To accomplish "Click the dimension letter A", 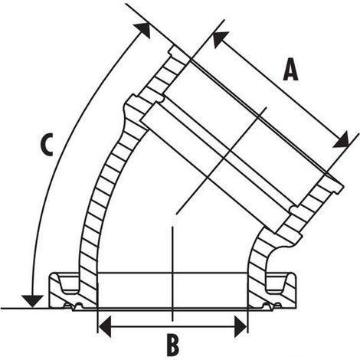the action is point(290,70).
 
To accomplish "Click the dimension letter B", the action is point(173,345).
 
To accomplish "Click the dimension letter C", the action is point(47,145).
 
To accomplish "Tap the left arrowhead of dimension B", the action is point(105,326).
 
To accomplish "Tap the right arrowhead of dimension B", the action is point(241,326).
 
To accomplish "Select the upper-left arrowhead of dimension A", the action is point(220,38).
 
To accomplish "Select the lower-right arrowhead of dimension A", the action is point(342,140).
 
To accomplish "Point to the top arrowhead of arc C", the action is point(142,30).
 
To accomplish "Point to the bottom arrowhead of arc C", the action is point(32,301).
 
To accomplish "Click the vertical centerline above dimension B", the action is point(172,273).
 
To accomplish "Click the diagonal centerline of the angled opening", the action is point(221,160).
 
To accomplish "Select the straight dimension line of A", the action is point(280,89).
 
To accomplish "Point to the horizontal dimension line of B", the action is point(172,326).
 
